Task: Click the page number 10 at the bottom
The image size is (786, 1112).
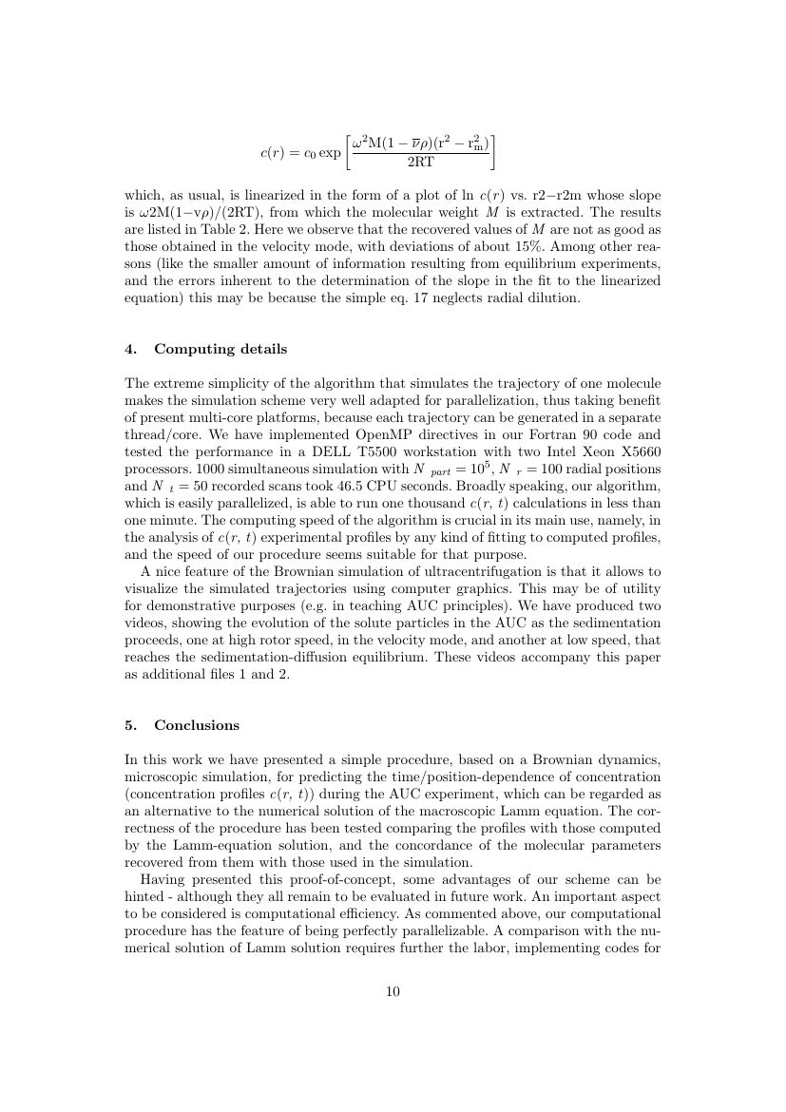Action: (x=393, y=992)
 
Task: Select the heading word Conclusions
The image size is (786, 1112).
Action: (x=197, y=725)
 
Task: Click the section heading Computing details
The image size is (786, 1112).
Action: (x=220, y=349)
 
